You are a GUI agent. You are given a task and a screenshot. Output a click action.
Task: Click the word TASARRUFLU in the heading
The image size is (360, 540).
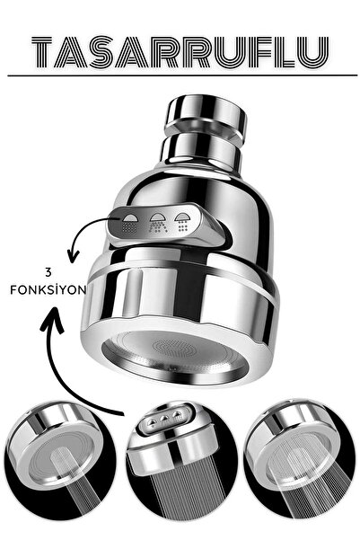[180, 52]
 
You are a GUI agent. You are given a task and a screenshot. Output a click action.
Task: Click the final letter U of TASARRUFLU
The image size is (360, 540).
[313, 52]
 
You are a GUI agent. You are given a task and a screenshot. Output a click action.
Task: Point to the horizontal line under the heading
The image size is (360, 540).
[182, 75]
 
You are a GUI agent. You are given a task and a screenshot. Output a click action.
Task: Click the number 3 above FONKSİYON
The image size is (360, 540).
[48, 273]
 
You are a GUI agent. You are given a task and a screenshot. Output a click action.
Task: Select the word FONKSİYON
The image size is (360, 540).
[48, 290]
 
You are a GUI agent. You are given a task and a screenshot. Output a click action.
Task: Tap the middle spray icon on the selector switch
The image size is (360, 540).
[156, 223]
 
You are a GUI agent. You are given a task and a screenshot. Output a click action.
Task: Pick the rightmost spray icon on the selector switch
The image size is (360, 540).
[182, 222]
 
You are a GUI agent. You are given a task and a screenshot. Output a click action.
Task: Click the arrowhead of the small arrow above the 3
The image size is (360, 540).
[73, 257]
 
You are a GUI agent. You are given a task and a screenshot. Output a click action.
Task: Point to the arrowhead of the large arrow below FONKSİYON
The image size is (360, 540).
[53, 319]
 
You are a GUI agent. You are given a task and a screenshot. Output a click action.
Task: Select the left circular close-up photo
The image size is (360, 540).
[60, 460]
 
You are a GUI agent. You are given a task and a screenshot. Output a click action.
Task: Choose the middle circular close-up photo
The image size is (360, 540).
[181, 460]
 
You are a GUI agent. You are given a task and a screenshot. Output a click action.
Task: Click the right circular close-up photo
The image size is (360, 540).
[300, 460]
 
